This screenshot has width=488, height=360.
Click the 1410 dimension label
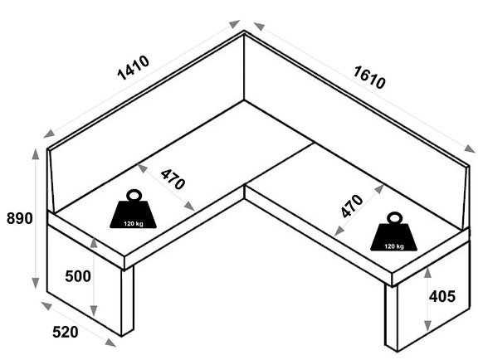(x=133, y=68)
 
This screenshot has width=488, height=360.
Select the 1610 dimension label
(x=369, y=77)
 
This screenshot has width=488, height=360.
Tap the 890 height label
(x=20, y=218)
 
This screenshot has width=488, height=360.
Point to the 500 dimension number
(x=78, y=276)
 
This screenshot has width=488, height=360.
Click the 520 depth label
(x=66, y=332)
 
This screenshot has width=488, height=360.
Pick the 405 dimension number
(x=442, y=296)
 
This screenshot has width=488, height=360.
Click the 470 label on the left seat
(x=173, y=179)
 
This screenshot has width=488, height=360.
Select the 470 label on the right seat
(x=352, y=206)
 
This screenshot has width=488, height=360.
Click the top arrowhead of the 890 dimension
(x=36, y=154)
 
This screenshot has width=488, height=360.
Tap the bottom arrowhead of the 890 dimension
(x=36, y=283)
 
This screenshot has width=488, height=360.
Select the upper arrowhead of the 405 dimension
(x=428, y=272)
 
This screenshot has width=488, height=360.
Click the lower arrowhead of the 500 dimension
(x=94, y=311)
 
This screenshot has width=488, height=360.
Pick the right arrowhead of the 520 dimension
(x=110, y=343)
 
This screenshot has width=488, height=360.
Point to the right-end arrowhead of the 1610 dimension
(x=470, y=148)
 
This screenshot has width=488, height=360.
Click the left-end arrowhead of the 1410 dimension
(x=49, y=134)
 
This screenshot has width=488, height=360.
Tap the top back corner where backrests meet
(x=244, y=31)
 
